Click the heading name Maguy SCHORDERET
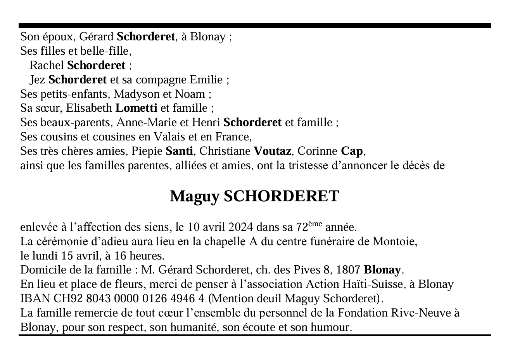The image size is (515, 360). click(254, 197)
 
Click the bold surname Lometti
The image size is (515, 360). click(136, 108)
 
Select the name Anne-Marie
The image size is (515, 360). click(147, 123)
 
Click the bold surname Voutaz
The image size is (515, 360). click(272, 151)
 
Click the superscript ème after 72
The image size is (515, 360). click(315, 224)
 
